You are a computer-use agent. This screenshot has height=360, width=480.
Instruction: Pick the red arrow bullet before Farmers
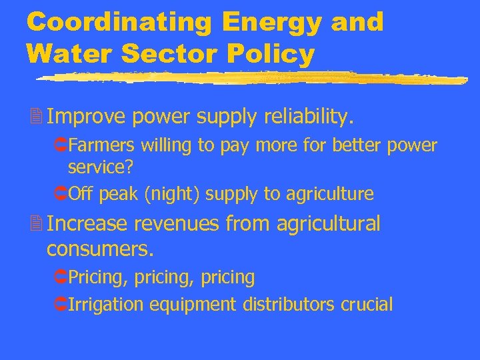click(59, 145)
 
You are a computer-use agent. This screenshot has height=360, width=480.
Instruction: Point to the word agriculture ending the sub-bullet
click(330, 194)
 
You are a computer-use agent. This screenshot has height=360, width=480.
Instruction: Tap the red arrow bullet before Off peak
click(59, 194)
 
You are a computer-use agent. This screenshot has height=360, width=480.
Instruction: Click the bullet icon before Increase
click(35, 225)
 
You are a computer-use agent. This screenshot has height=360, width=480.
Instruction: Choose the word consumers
click(100, 249)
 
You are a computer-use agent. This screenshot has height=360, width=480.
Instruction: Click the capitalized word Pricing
click(97, 277)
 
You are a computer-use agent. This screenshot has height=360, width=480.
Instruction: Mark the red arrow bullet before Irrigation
click(59, 305)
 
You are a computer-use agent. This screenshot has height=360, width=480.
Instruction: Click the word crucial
click(367, 305)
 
